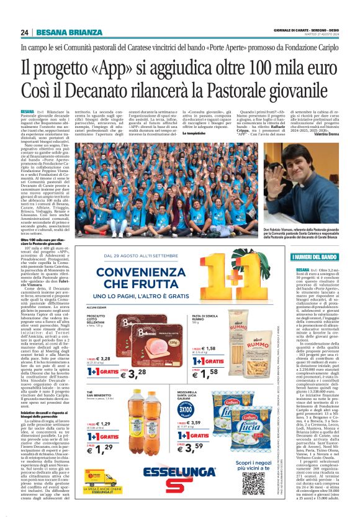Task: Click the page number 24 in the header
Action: coord(24,32)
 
